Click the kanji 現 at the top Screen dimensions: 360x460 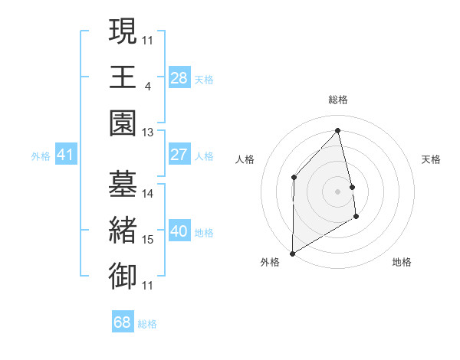(x=123, y=31)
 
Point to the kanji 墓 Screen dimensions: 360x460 (x=123, y=183)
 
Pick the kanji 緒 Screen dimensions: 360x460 (x=123, y=229)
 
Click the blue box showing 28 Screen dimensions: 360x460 (x=179, y=77)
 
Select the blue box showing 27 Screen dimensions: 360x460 (x=179, y=155)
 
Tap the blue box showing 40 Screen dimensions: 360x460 (x=179, y=231)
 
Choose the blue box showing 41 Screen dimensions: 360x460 (x=65, y=155)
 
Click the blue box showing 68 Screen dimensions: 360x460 (x=123, y=322)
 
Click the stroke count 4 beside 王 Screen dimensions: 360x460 (x=147, y=86)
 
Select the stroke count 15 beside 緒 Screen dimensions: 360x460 (x=148, y=240)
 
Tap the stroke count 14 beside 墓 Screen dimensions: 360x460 (x=148, y=194)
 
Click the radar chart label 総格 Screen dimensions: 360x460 (x=338, y=100)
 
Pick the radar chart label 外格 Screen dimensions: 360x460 (x=270, y=262)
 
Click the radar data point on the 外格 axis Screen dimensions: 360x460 (x=292, y=253)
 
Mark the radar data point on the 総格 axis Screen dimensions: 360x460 (x=338, y=130)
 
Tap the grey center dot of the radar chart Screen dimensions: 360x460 (x=338, y=191)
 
